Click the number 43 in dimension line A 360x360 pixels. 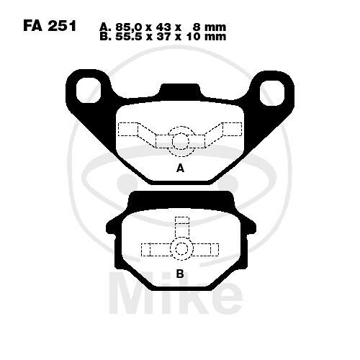point(169,27)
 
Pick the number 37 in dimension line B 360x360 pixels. point(169,37)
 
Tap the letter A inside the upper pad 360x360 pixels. point(180,168)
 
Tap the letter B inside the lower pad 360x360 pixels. point(180,274)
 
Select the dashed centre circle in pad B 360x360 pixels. point(180,249)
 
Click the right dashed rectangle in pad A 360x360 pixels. point(232,130)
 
